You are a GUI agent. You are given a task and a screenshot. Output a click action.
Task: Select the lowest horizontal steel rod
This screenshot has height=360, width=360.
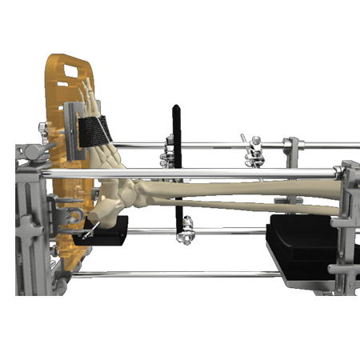tap(176, 274)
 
